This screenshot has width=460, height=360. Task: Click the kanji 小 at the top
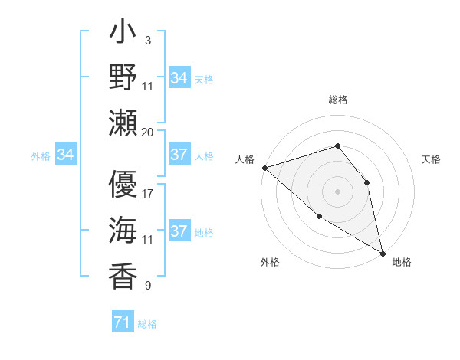(x=123, y=35)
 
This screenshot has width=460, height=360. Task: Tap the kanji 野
(x=123, y=77)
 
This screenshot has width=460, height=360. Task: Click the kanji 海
(x=123, y=231)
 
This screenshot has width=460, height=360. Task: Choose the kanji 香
(x=123, y=273)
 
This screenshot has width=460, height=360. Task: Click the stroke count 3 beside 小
(x=147, y=39)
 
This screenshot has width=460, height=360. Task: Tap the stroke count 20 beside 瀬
(x=148, y=132)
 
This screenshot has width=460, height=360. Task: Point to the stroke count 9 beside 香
(x=147, y=286)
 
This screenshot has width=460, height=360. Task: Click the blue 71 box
(x=122, y=323)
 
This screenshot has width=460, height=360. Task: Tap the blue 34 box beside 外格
(x=65, y=155)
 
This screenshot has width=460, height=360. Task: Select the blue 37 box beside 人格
(x=179, y=155)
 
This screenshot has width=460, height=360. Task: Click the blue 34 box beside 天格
(x=179, y=78)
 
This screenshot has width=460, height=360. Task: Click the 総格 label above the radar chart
(x=337, y=100)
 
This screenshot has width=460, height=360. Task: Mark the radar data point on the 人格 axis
(x=264, y=167)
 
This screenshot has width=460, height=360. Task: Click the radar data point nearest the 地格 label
(x=383, y=253)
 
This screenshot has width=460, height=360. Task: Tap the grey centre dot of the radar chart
(x=337, y=191)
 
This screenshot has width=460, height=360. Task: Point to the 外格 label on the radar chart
(x=270, y=262)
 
